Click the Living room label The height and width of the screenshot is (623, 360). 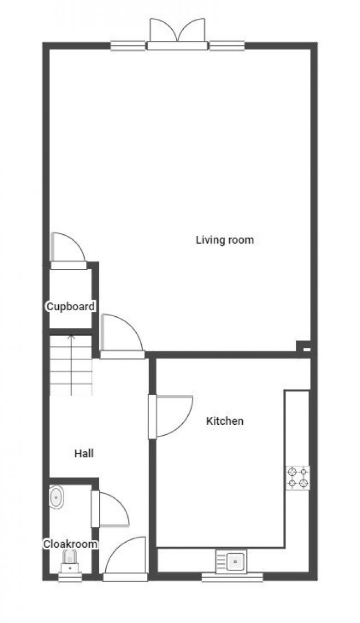coord(225,240)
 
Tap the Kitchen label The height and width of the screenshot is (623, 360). coord(225,421)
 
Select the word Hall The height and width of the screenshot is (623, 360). coord(84,454)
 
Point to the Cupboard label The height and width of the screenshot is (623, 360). coord(70,306)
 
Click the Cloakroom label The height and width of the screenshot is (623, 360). coord(70,544)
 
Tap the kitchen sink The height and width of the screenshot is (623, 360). coord(232,562)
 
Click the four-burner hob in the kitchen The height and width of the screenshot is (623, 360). coord(297,478)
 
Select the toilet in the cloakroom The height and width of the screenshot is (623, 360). coord(70,560)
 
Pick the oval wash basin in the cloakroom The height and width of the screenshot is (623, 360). coord(57,497)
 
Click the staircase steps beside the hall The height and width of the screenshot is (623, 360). coord(70,365)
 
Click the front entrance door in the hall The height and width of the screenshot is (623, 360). coord(126,559)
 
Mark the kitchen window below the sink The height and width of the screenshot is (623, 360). coord(232,577)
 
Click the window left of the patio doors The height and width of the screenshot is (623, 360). coord(128,46)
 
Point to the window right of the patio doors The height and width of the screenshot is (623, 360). coord(226,46)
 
